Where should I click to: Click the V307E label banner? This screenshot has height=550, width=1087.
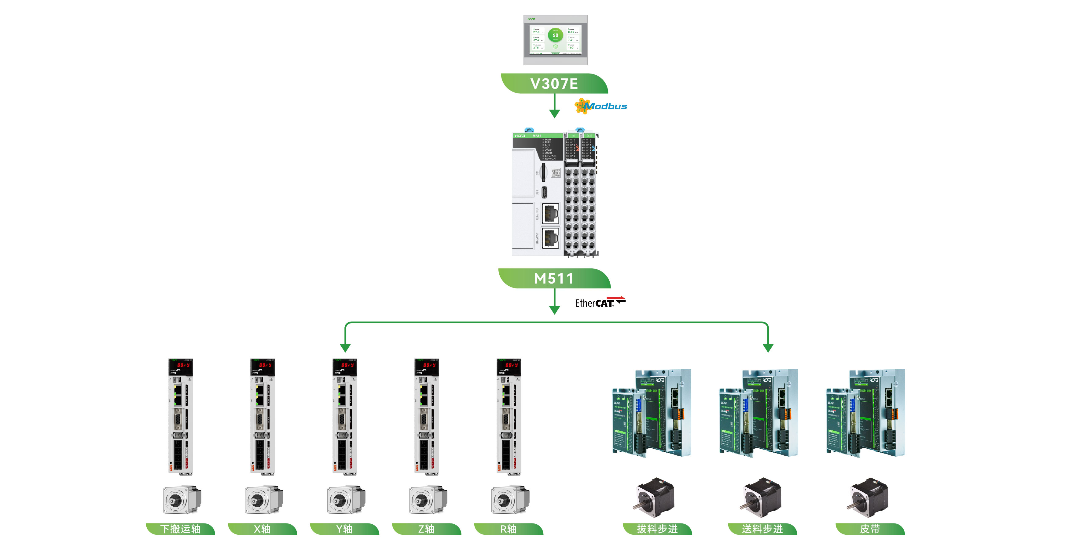point(554,83)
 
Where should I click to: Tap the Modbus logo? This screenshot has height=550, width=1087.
point(601,106)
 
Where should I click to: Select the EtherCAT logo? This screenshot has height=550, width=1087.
point(600,302)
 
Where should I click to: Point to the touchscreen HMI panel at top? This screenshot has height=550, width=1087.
point(555,40)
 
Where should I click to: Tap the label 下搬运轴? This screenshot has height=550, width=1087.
point(180,529)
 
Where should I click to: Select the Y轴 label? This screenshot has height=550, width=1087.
point(344,529)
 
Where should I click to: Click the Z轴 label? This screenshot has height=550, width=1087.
point(426,529)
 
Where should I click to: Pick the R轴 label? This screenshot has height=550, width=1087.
point(509,529)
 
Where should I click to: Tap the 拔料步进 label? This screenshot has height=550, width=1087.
point(657,529)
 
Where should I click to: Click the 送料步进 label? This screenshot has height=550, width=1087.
point(762,529)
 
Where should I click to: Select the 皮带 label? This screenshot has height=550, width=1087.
point(870,529)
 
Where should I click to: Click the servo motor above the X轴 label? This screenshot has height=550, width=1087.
point(263,500)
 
